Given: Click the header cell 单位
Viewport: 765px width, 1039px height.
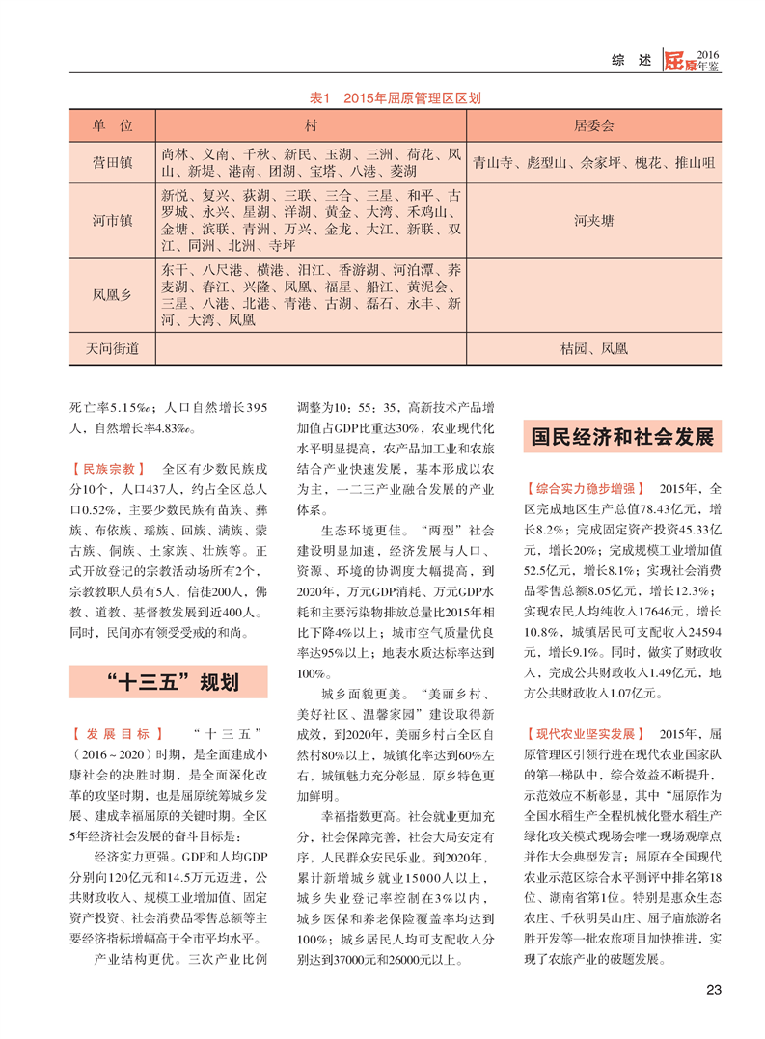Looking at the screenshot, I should click(113, 126).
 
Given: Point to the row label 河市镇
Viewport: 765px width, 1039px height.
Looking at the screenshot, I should click(113, 220).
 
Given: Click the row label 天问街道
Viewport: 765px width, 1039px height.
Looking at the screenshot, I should click(113, 347).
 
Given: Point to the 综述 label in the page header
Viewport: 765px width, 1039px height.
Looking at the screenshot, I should click(631, 61).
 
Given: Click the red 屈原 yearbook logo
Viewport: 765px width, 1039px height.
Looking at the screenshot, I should click(679, 61).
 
